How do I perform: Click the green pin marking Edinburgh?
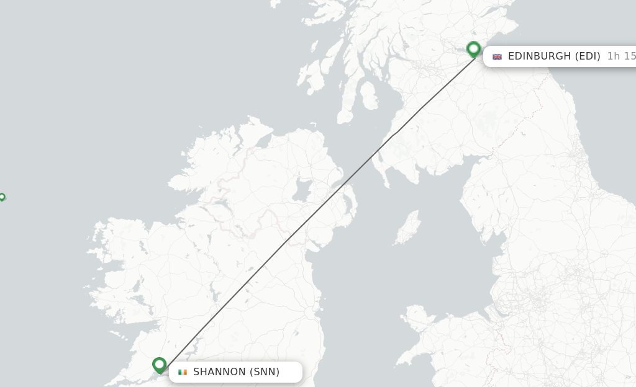tap(474, 49)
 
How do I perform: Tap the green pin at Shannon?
tap(160, 365)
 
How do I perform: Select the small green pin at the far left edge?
tap(2, 197)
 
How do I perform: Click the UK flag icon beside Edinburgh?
tap(497, 56)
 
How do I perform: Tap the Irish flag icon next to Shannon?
tap(183, 372)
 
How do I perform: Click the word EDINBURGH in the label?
tap(539, 56)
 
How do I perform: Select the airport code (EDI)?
tap(588, 56)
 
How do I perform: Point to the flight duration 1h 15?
tap(621, 56)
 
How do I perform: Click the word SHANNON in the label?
tap(219, 372)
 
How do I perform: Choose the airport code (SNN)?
tap(265, 372)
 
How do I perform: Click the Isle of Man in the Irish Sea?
tap(407, 228)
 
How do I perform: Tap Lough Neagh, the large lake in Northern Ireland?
tap(302, 190)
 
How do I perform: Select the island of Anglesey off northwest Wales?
tap(417, 317)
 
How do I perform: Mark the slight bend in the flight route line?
tap(395, 133)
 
